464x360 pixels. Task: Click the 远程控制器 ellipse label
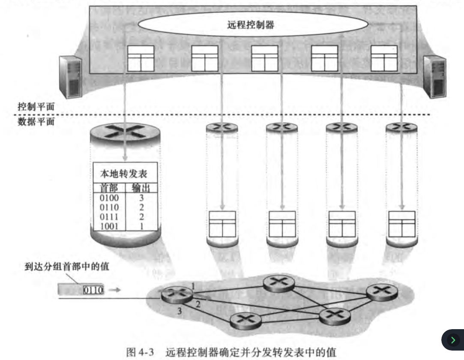[251, 25]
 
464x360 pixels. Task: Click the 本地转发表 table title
[123, 174]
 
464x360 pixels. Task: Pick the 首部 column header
[108, 188]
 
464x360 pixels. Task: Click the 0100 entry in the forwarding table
[108, 198]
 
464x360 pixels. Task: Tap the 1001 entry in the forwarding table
[108, 226]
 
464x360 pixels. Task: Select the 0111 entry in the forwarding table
[108, 217]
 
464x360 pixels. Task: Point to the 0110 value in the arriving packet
[93, 290]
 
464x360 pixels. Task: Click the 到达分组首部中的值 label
[67, 267]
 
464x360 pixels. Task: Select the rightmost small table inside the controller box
[383, 58]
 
